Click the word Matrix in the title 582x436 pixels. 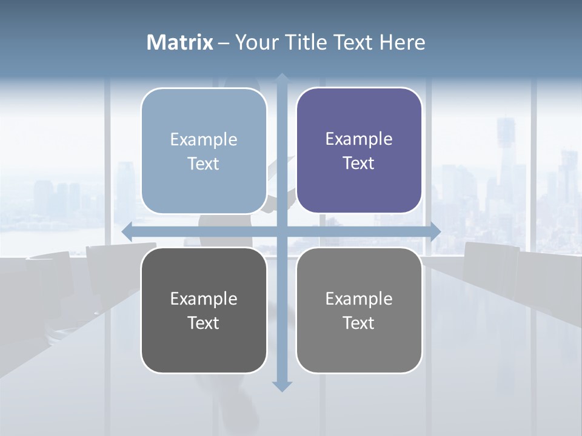(180, 42)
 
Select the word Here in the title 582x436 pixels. (402, 42)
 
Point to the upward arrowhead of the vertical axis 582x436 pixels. (282, 78)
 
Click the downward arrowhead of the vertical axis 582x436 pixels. (282, 386)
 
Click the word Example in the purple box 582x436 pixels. (359, 139)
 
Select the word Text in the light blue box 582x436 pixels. (204, 164)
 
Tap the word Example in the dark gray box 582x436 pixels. (204, 299)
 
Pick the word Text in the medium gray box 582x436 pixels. (359, 323)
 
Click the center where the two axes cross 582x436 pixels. (282, 231)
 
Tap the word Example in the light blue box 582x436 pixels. (204, 140)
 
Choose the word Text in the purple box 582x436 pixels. (359, 163)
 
